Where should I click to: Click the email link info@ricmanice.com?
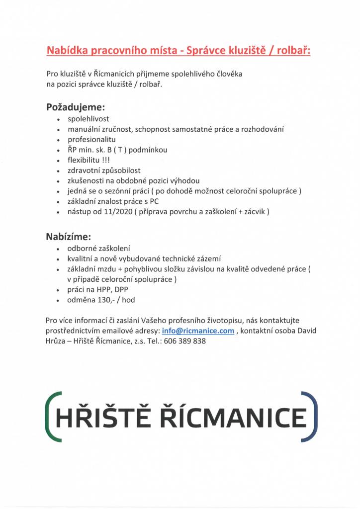tap(198, 332)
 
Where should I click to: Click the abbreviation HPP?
tap(103, 290)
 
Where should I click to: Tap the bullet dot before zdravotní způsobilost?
tap(59, 171)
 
